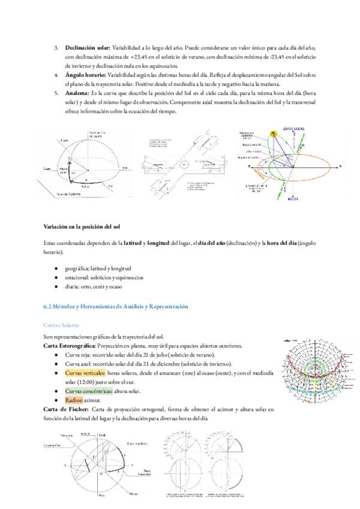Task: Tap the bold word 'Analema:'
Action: click(x=77, y=94)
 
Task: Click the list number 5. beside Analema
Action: click(x=56, y=94)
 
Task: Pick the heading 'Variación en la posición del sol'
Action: click(x=82, y=227)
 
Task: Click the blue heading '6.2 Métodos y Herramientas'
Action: click(x=116, y=307)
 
